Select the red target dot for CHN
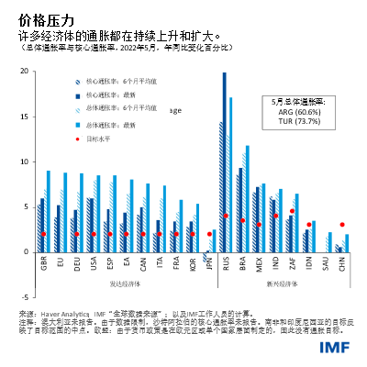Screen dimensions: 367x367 pyautogui.click(x=342, y=225)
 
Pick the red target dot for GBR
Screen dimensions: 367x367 pyautogui.click(x=43, y=234)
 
